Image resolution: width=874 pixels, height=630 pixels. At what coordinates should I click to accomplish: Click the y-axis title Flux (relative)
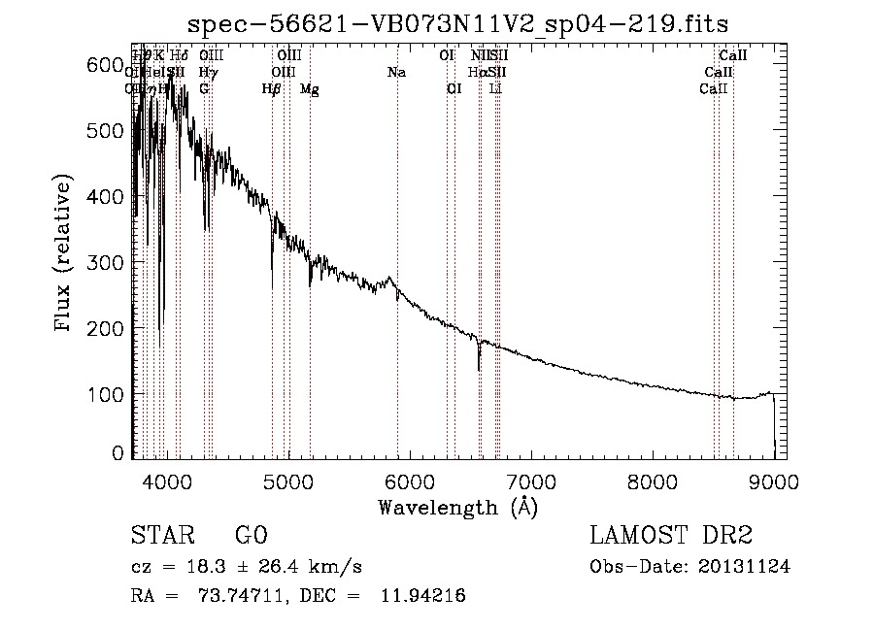click(64, 255)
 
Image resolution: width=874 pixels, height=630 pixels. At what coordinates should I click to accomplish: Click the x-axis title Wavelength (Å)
click(457, 507)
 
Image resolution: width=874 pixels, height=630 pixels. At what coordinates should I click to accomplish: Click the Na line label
click(396, 73)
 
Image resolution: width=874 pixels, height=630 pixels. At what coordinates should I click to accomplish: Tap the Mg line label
click(309, 89)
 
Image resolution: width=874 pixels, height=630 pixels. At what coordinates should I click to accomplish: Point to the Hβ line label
click(272, 89)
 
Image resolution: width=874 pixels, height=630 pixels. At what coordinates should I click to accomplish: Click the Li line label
click(495, 89)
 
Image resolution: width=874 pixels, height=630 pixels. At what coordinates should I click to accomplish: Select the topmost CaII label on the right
click(732, 56)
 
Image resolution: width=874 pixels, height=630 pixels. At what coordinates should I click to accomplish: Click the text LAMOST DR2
click(670, 536)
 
